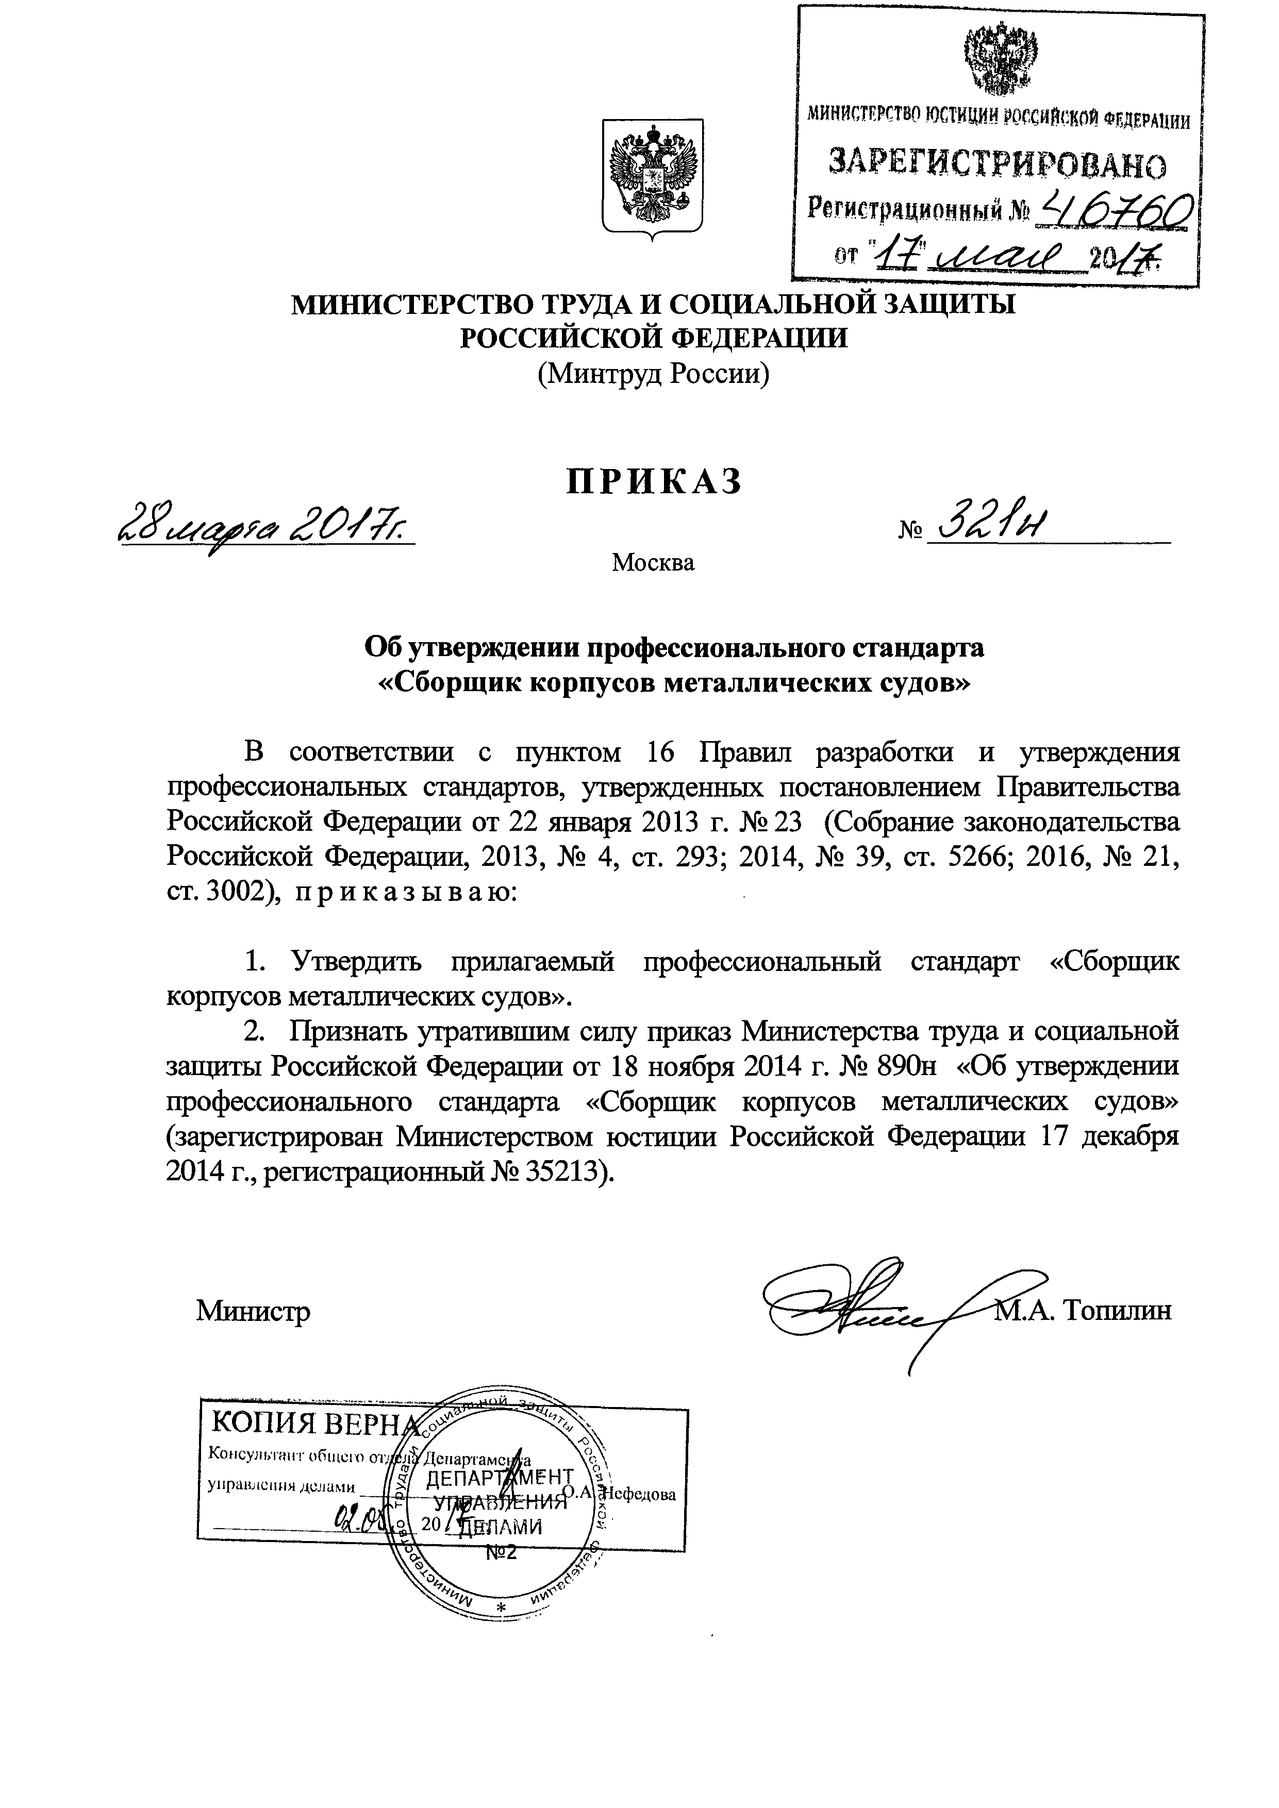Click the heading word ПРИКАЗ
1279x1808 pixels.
tap(654, 481)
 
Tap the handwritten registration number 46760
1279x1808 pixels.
tap(1117, 211)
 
